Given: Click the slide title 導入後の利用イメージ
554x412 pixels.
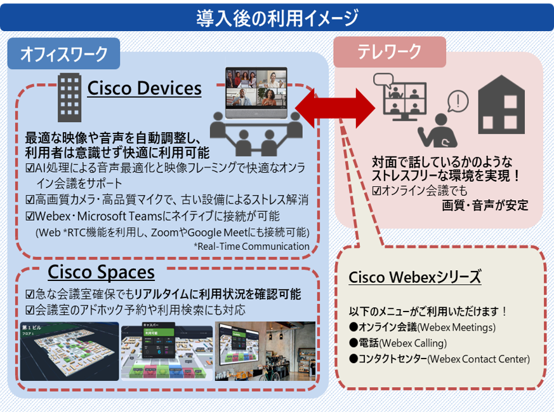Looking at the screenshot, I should tap(277, 17).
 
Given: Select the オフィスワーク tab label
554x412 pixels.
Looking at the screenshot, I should tap(63, 55).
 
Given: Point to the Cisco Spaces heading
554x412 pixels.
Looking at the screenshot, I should tap(101, 272).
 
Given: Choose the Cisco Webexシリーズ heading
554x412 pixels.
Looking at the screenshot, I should tap(415, 278).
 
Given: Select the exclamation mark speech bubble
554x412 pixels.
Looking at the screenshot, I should tap(458, 100).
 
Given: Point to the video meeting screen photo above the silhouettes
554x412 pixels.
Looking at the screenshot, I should tap(256, 89).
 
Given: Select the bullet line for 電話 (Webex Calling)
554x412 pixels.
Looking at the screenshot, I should tap(412, 343).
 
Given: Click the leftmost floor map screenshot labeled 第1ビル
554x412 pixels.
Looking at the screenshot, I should tap(69, 351).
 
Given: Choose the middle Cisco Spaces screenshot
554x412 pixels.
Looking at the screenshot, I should tap(166, 351).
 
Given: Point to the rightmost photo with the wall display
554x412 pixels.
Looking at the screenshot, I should tap(265, 351).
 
